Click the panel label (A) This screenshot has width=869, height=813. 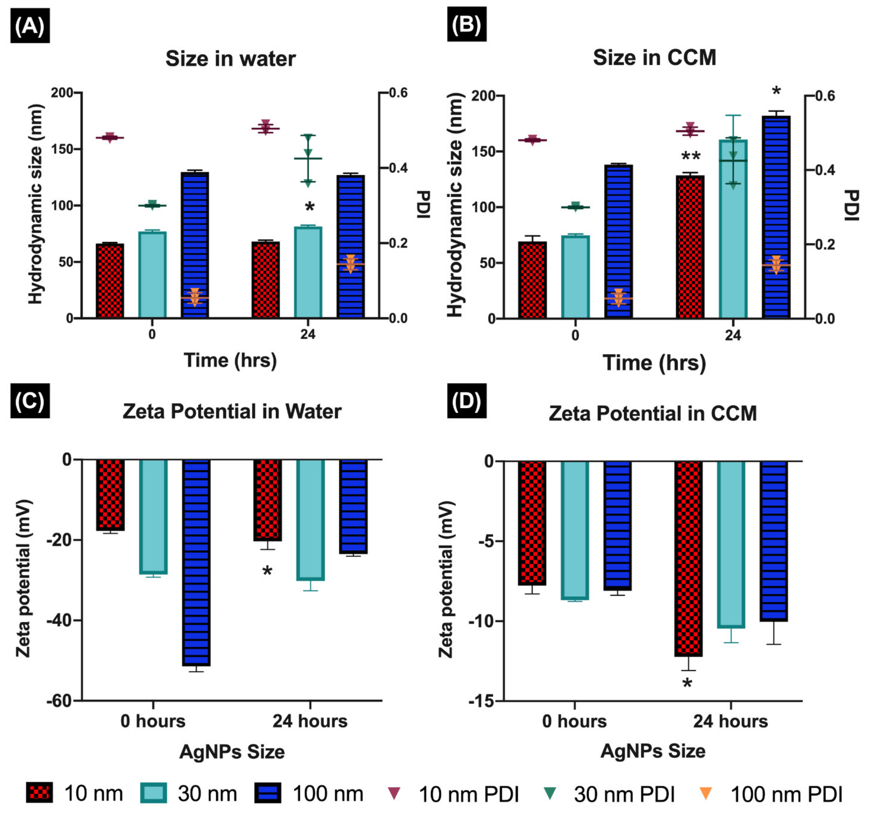tap(30, 26)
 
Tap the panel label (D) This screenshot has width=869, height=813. tap(466, 401)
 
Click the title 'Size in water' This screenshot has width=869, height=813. tap(230, 59)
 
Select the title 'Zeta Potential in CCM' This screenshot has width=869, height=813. tap(653, 413)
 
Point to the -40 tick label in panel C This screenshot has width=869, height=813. tap(59, 620)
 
